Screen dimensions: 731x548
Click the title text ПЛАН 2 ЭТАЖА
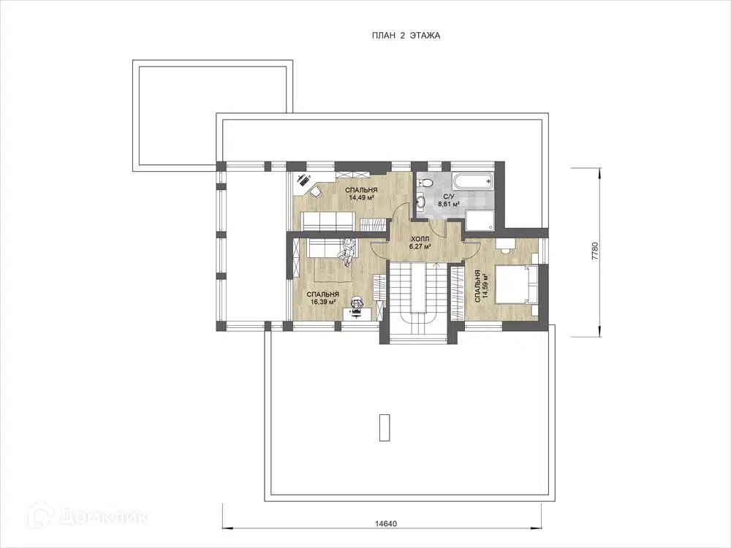coord(406,35)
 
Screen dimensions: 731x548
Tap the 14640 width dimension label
coord(385,523)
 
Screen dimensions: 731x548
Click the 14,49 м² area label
coord(363,197)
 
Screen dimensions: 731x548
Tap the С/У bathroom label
coord(449,197)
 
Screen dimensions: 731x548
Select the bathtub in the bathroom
coord(472,182)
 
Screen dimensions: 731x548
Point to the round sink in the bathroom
coord(422,202)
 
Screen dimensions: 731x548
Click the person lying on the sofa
coord(346,251)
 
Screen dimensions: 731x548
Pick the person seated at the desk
coord(357,303)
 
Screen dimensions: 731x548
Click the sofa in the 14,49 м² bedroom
coord(326,221)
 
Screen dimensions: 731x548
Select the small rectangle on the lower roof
coord(385,427)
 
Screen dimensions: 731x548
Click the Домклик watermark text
coord(104,516)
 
